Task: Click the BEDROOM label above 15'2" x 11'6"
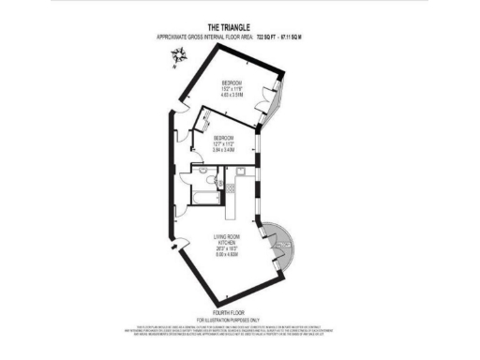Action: tap(232, 82)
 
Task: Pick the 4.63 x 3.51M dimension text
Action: tap(232, 95)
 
